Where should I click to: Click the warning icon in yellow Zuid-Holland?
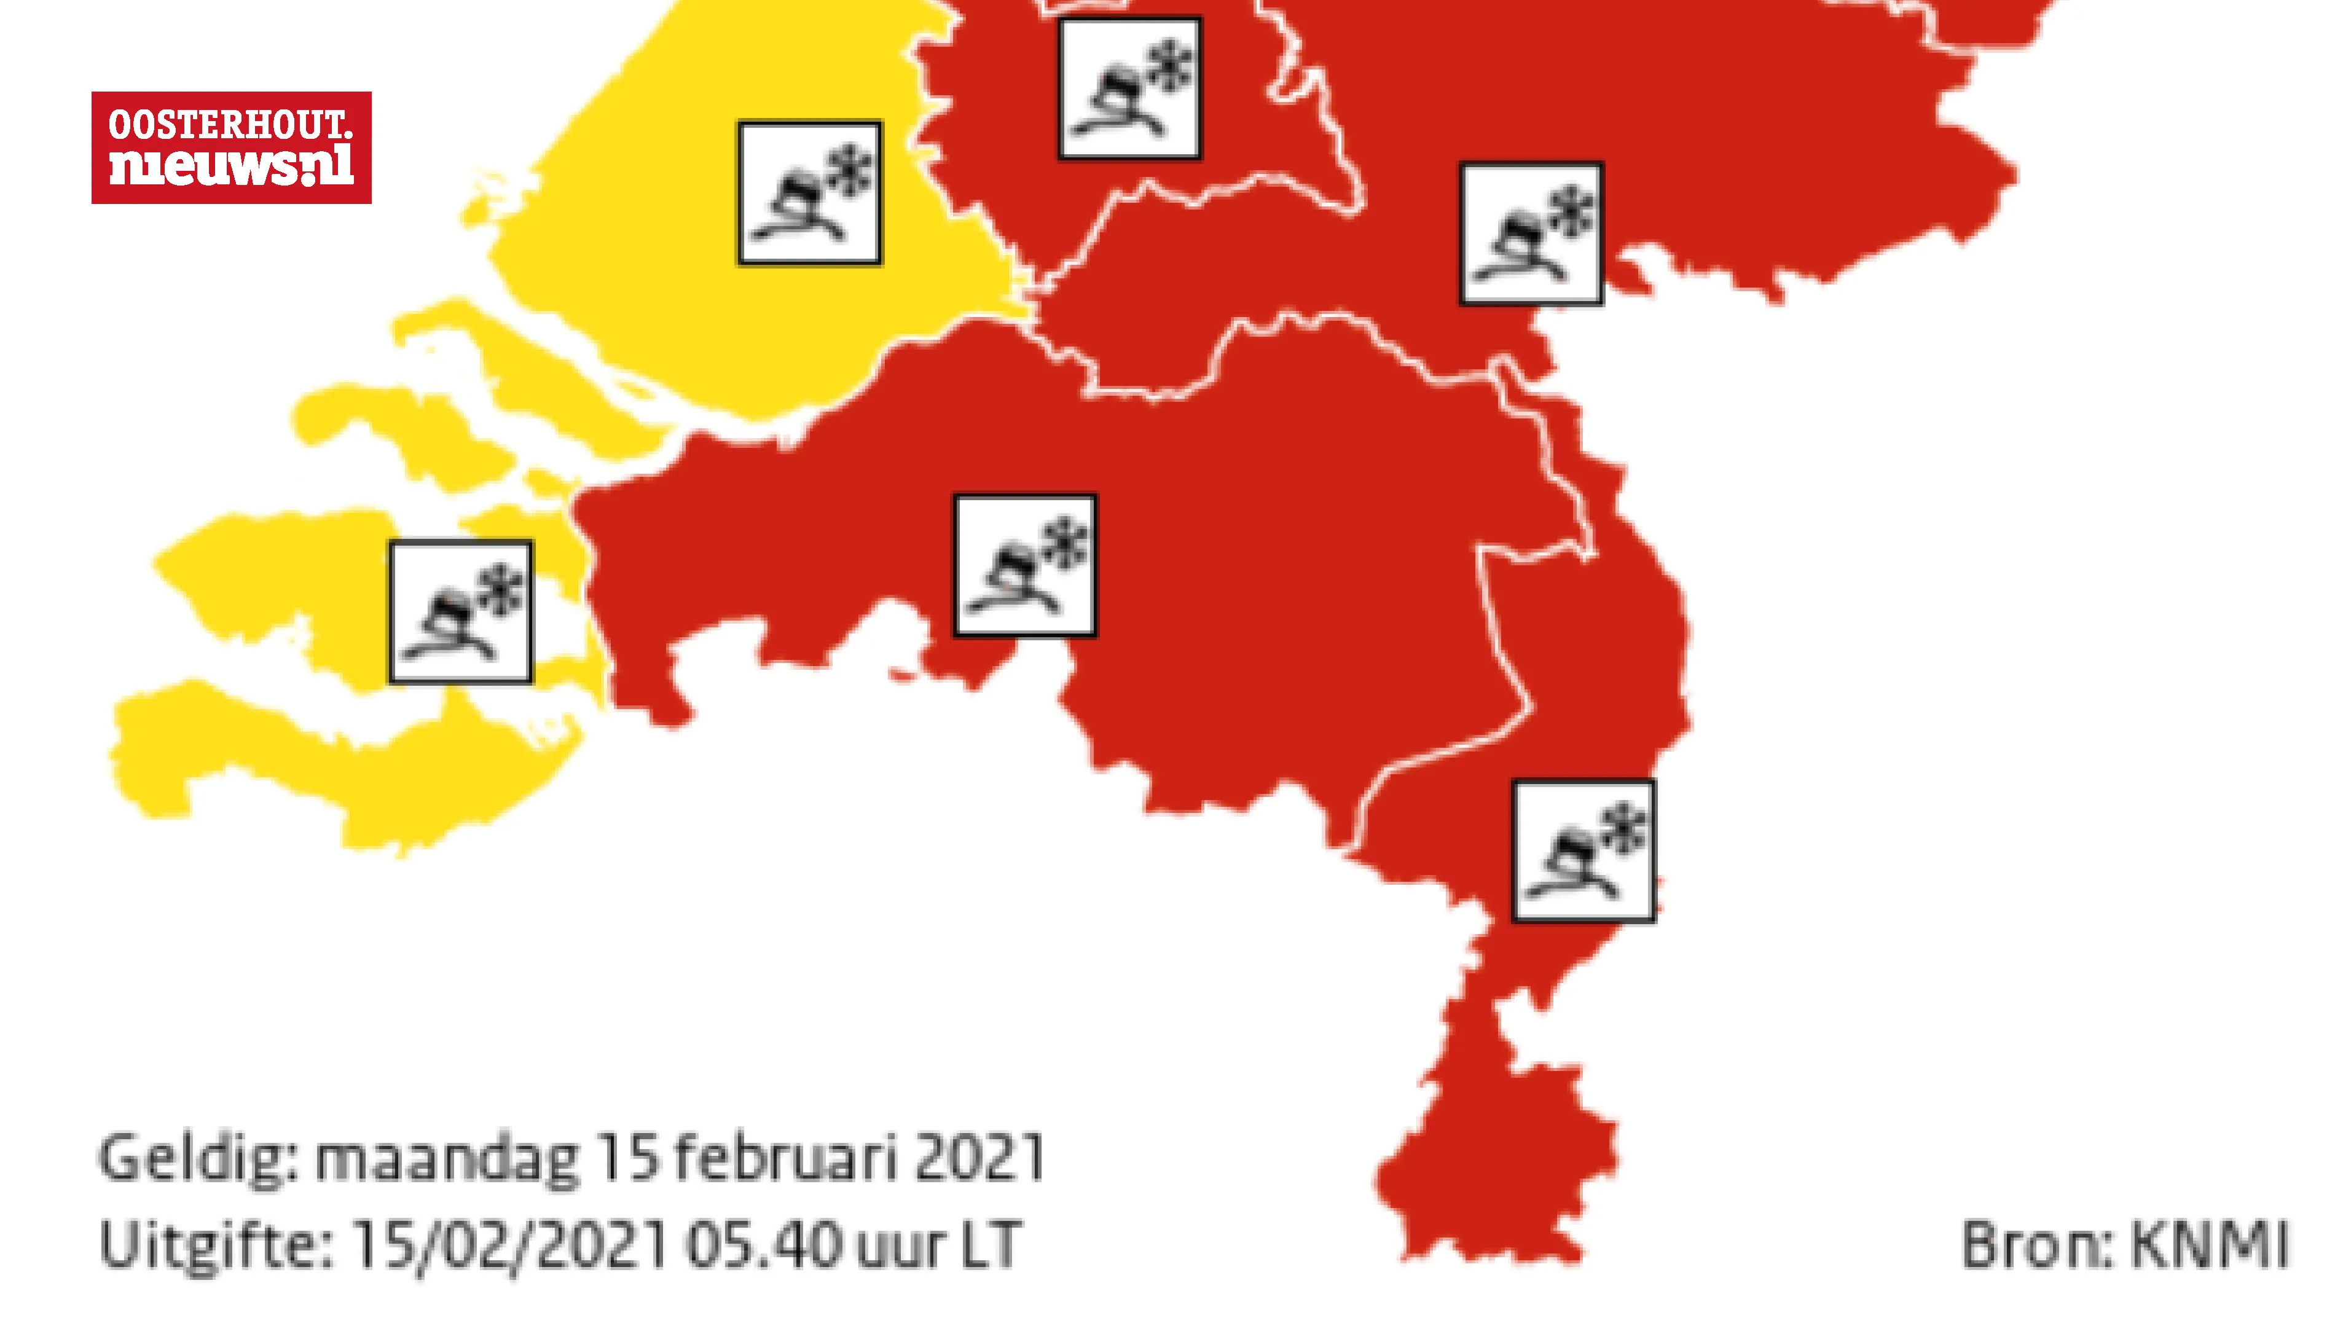pyautogui.click(x=809, y=193)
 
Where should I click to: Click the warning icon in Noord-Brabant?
pyautogui.click(x=1024, y=565)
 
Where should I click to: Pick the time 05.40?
pyautogui.click(x=764, y=1244)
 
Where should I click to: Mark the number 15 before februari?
pyautogui.click(x=629, y=1158)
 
